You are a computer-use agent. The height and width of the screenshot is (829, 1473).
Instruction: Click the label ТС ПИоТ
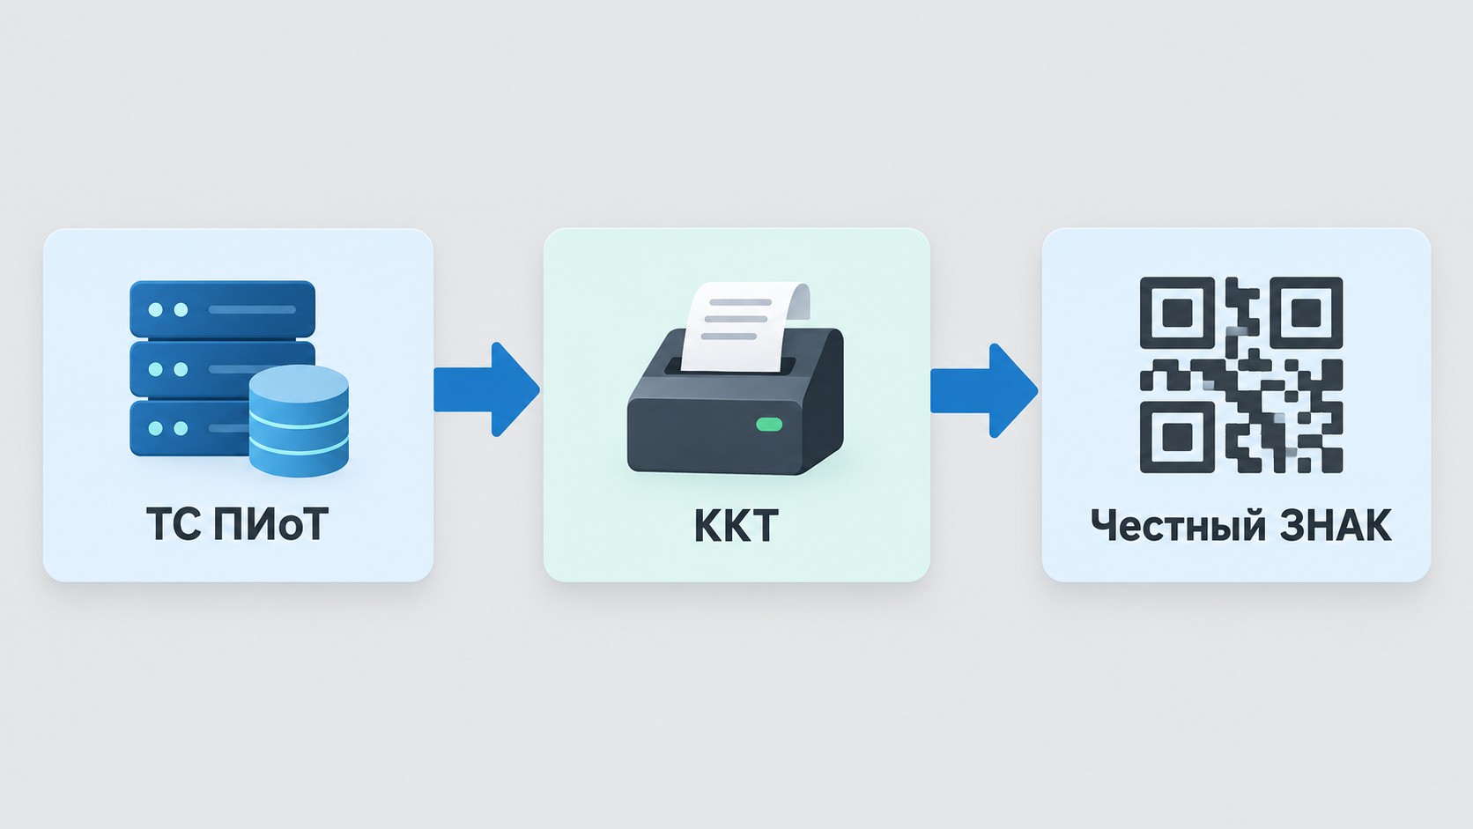[x=237, y=524]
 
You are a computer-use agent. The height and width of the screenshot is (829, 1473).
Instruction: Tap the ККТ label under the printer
[x=736, y=525]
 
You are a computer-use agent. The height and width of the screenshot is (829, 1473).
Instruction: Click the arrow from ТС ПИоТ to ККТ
[x=486, y=389]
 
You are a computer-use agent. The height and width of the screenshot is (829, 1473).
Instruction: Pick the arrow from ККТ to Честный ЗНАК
[x=984, y=390]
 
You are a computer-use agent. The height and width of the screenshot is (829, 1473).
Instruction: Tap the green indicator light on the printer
[x=769, y=425]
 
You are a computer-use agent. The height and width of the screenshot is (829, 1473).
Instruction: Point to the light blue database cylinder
[x=299, y=421]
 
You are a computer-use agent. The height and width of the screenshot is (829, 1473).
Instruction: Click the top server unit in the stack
[x=222, y=309]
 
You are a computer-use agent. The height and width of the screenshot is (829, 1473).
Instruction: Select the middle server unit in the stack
[x=197, y=369]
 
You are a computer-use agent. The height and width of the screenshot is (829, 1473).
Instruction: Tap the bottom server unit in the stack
[x=190, y=428]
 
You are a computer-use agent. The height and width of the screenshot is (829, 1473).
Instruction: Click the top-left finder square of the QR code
[x=1176, y=313]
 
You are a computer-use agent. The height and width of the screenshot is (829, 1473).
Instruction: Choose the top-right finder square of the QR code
[x=1306, y=313]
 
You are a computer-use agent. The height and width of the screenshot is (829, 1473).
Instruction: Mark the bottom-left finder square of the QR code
[x=1176, y=437]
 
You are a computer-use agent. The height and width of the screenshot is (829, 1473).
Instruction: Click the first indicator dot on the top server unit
[x=156, y=309]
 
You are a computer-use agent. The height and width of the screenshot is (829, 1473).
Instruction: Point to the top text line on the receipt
[x=740, y=302]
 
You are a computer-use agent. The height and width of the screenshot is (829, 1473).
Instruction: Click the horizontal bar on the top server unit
[x=252, y=309]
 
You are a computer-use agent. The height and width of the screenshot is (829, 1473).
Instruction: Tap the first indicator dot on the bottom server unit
[x=156, y=429]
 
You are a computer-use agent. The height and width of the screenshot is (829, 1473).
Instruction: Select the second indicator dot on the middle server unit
[x=181, y=369]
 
